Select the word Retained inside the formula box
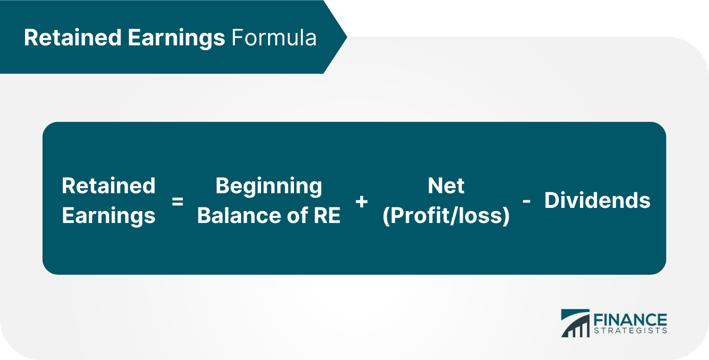[109, 186]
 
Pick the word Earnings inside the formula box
[109, 216]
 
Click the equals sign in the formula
[177, 202]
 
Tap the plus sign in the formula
[362, 202]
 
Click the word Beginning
[268, 186]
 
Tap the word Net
[446, 186]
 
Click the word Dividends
[597, 201]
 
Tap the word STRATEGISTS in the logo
[630, 330]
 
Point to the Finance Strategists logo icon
[575, 324]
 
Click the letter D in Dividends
[551, 201]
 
